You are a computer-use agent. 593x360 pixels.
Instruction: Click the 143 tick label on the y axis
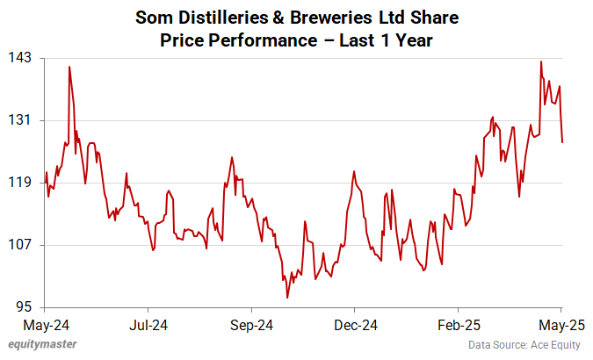tap(21, 58)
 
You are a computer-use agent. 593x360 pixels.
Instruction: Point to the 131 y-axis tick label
tap(21, 120)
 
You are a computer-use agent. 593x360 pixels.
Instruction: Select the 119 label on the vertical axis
tap(21, 183)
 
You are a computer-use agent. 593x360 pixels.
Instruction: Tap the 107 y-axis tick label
tap(21, 245)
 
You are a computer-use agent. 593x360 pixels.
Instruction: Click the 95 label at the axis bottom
tap(25, 307)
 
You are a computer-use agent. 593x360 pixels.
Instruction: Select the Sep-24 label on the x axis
tap(251, 325)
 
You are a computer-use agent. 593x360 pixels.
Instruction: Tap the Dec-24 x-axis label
tap(355, 325)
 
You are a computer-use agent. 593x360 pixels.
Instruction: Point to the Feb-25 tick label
tap(458, 325)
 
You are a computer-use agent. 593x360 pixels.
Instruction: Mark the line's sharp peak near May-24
tap(69, 67)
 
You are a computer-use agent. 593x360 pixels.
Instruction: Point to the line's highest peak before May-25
tap(541, 61)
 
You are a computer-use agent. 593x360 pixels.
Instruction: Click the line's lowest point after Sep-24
tap(287, 298)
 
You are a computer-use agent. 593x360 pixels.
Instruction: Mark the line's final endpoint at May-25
tap(562, 141)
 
